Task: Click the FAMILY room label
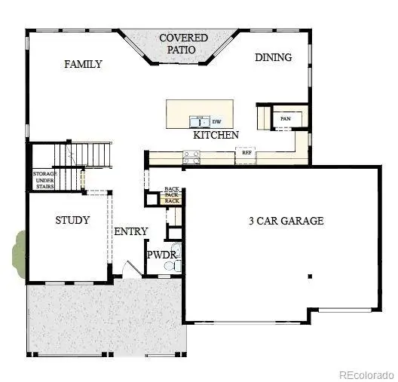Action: [x=83, y=64]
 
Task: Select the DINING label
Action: [x=273, y=57]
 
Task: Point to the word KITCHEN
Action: [x=216, y=135]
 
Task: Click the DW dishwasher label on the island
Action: [x=216, y=121]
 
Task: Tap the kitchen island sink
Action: [x=200, y=121]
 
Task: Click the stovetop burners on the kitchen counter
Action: [x=191, y=157]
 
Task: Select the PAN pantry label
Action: [x=285, y=118]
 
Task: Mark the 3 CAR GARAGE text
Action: [x=286, y=221]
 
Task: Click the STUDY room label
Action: [x=72, y=221]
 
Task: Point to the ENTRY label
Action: [x=130, y=231]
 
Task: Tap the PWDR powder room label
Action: [x=161, y=255]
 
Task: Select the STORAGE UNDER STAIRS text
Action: [x=43, y=179]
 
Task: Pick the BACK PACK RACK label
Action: [x=172, y=194]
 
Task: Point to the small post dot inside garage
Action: [x=308, y=277]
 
